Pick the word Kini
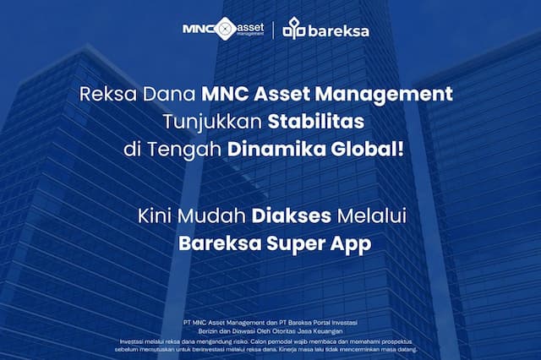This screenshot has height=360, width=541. [152, 215]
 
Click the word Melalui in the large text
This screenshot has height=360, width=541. [373, 215]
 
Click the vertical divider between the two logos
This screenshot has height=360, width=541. [273, 30]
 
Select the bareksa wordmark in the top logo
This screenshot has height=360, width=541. [338, 31]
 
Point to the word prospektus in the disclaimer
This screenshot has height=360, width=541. [397, 341]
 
